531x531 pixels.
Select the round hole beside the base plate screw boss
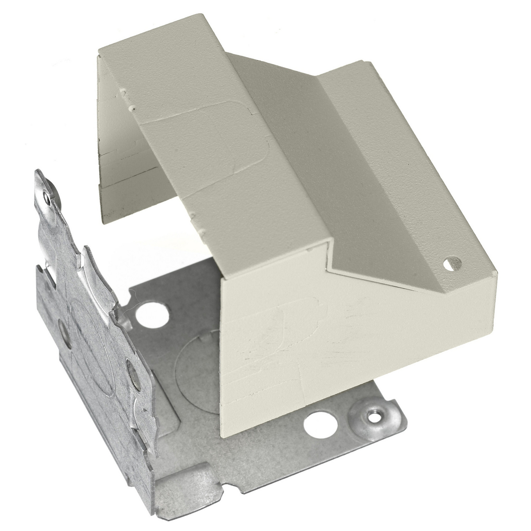(x=315, y=426)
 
